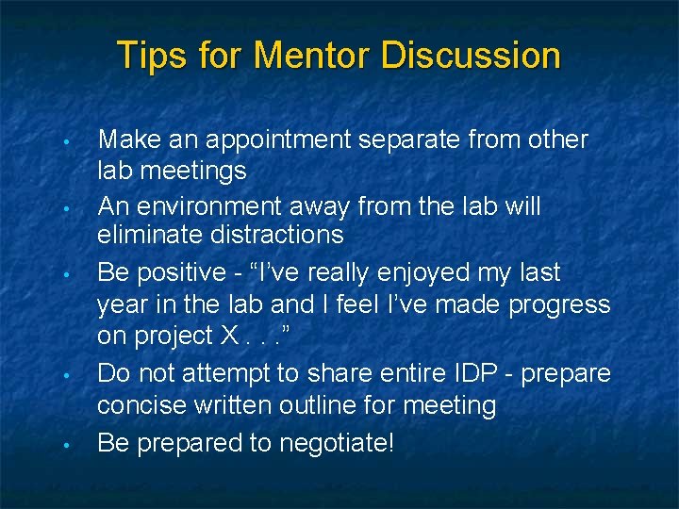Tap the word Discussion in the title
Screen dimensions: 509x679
[x=471, y=55]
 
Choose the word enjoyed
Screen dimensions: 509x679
[x=413, y=273]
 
